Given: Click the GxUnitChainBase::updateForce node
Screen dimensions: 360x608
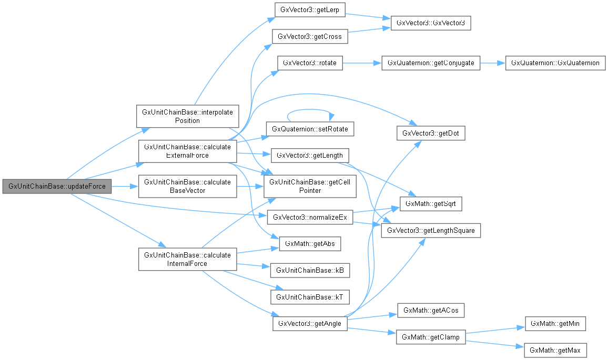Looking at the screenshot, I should pyautogui.click(x=57, y=186).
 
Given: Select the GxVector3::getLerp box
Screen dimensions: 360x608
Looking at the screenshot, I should pyautogui.click(x=309, y=10).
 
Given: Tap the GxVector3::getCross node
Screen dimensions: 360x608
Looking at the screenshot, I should pyautogui.click(x=309, y=37).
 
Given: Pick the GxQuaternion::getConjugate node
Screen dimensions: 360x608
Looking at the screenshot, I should pyautogui.click(x=431, y=63).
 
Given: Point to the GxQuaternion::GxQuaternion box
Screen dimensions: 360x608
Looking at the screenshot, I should pyautogui.click(x=555, y=63).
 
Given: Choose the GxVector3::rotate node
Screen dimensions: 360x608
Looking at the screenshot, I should pyautogui.click(x=309, y=63).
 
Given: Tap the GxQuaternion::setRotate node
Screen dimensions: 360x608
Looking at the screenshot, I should pyautogui.click(x=309, y=129).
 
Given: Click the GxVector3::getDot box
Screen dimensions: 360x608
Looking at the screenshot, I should pyautogui.click(x=431, y=133).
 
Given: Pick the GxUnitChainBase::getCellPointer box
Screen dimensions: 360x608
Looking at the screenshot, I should pyautogui.click(x=309, y=186).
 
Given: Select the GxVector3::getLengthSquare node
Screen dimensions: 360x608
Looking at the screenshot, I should pyautogui.click(x=431, y=230).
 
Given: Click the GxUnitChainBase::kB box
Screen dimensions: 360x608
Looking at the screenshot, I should pyautogui.click(x=309, y=270).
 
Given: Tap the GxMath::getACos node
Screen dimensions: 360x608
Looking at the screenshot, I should pyautogui.click(x=431, y=311).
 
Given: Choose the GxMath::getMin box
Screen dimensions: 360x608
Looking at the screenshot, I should pyautogui.click(x=555, y=324).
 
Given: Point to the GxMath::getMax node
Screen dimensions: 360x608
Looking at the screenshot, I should pyautogui.click(x=555, y=350).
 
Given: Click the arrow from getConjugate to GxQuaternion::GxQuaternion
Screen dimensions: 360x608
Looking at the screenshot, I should pyautogui.click(x=493, y=63).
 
